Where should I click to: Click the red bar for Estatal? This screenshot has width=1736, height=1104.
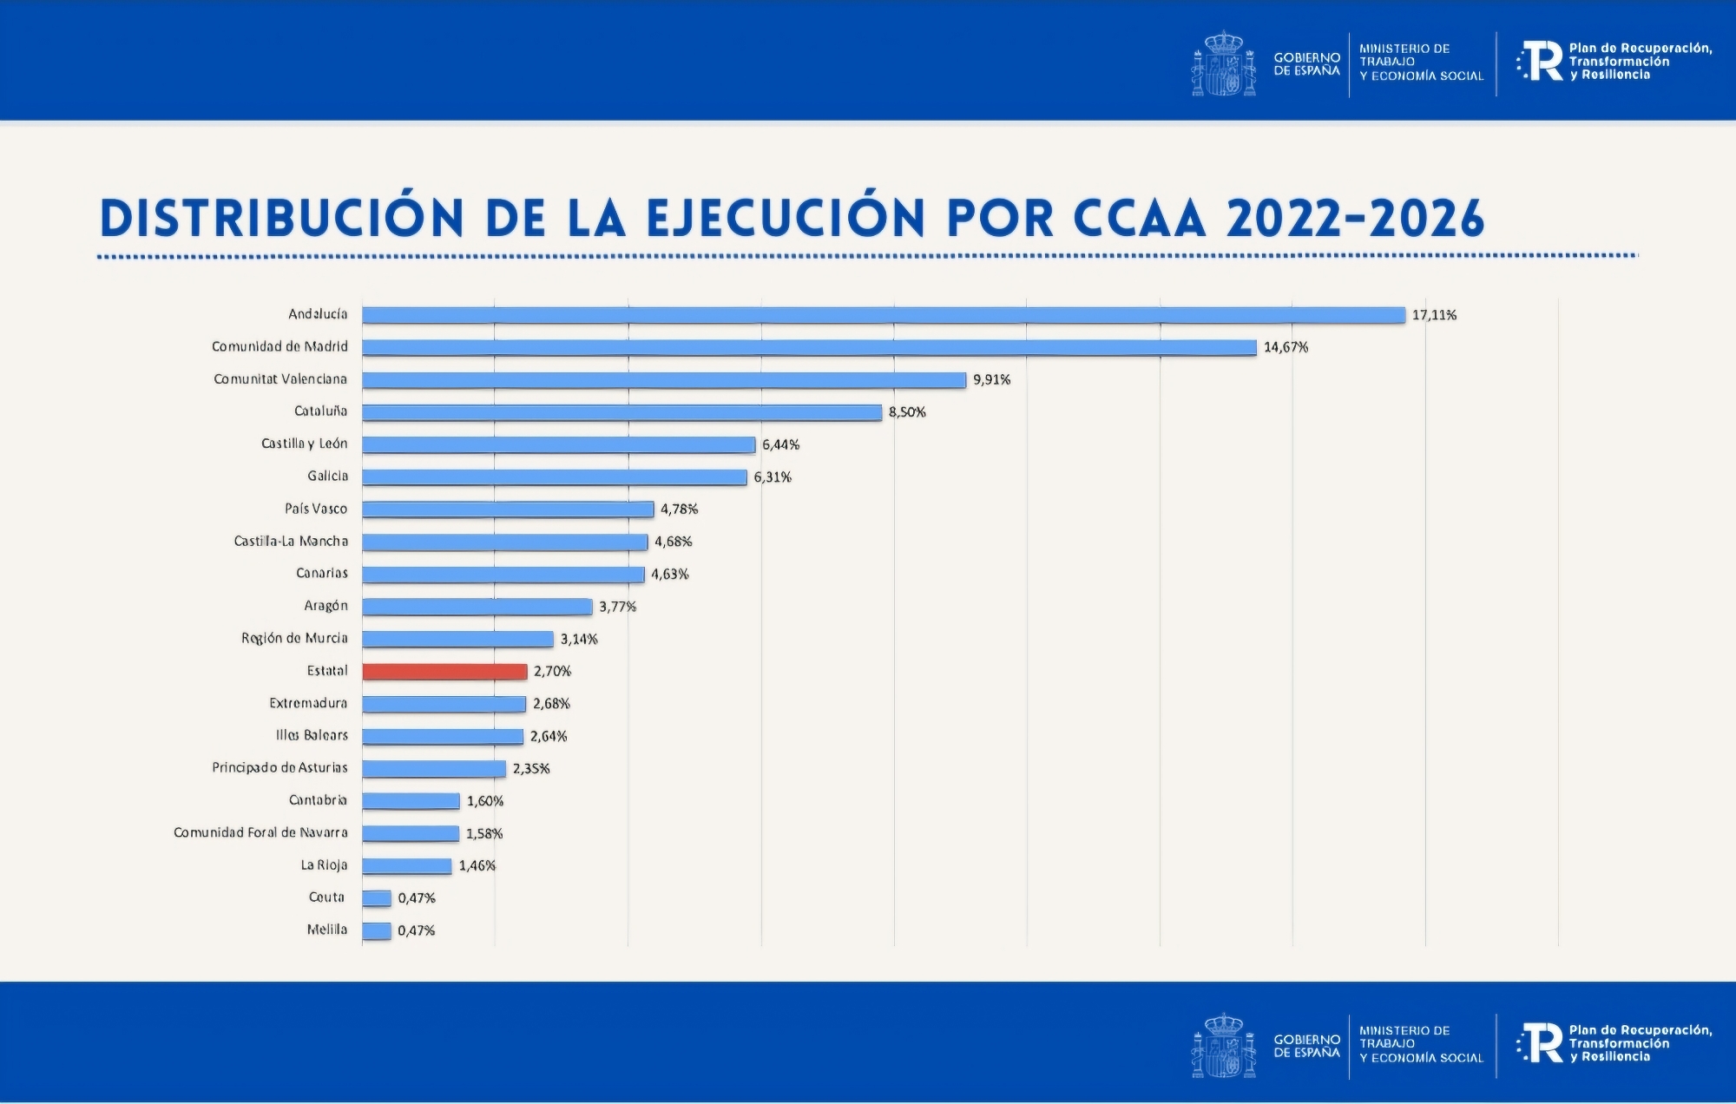pos(444,671)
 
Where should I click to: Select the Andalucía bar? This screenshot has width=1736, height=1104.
pos(883,315)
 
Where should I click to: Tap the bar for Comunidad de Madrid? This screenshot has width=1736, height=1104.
pos(809,347)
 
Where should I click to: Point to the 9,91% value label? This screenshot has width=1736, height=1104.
pos(991,379)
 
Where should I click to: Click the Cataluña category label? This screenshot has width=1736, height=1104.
pos(320,411)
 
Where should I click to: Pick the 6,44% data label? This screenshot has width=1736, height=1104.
pos(780,444)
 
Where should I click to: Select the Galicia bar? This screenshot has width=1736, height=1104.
pos(555,476)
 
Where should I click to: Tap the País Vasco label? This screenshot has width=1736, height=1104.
pos(316,509)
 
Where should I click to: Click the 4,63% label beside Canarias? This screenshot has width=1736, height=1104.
pos(669,574)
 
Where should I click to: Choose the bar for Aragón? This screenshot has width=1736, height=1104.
pos(477,606)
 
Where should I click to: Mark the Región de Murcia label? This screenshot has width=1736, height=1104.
pos(294,638)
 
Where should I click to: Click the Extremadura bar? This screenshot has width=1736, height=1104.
pos(444,703)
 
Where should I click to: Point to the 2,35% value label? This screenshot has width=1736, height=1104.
pos(531,768)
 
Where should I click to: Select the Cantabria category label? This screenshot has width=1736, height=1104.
pos(318,800)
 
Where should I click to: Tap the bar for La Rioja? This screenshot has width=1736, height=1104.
pos(407,865)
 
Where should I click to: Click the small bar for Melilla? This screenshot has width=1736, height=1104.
pos(377,930)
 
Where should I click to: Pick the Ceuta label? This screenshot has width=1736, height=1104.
pos(326,897)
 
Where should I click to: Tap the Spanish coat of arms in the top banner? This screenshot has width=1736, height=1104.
pos(1223,62)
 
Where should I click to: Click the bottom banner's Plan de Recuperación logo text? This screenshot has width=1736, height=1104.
pos(1640,1043)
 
